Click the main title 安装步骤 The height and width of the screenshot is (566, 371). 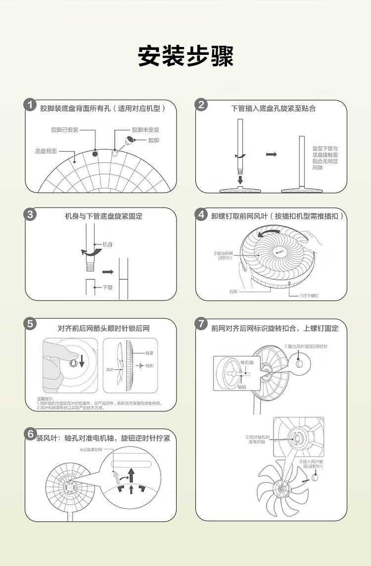185,57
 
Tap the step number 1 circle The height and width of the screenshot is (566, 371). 31,105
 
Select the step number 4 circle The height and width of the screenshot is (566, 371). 201,215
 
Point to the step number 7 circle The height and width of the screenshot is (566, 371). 201,324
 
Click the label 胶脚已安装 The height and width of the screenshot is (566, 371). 65,130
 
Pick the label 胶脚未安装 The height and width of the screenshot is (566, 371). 145,130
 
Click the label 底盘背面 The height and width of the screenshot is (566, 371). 46,151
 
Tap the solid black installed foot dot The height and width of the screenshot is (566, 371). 95,154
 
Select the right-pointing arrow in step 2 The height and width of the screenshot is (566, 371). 271,155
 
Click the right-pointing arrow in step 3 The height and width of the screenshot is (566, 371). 108,272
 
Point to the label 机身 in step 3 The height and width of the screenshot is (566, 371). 107,245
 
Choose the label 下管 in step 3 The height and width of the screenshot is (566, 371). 107,287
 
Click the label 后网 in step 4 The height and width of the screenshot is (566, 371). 233,292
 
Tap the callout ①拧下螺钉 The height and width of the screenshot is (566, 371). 309,296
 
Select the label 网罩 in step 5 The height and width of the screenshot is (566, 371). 149,353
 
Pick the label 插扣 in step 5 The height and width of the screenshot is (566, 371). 149,366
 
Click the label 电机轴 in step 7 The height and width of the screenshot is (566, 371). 247,362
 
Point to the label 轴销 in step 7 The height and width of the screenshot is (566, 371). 242,387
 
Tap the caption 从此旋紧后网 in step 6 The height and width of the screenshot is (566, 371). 91,450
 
